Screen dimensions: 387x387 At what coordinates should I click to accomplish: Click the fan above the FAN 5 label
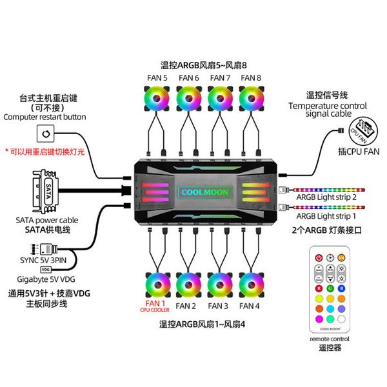click(157, 101)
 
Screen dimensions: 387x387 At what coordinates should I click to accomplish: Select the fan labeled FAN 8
click(251, 101)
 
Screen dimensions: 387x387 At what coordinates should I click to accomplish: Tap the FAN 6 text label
click(188, 78)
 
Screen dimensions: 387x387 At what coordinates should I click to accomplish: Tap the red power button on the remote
click(319, 258)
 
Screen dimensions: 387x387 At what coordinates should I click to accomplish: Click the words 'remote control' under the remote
click(330, 338)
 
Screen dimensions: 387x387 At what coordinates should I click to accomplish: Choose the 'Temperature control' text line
click(327, 105)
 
